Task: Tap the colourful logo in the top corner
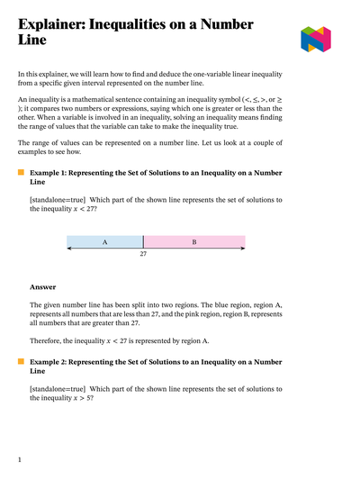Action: [x=317, y=39]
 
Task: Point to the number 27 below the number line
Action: [x=143, y=255]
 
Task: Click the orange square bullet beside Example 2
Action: [x=21, y=361]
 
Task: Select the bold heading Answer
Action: [x=43, y=287]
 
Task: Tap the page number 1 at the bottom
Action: [x=20, y=460]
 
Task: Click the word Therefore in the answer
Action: [x=50, y=340]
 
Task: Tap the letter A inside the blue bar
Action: [x=104, y=242]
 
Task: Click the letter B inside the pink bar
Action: [x=193, y=242]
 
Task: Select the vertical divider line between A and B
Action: [x=143, y=242]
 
